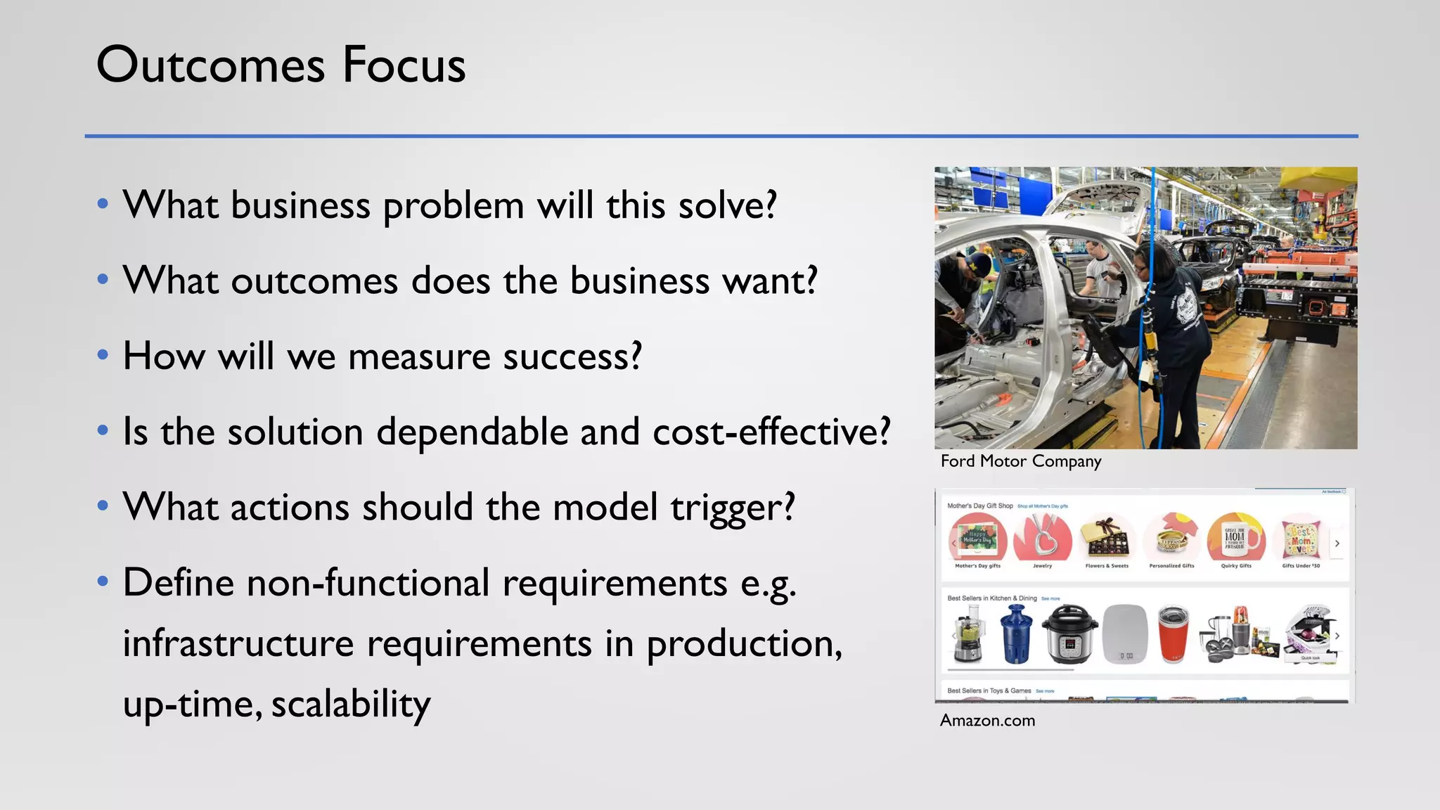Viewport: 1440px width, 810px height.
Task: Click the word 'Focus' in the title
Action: pos(404,65)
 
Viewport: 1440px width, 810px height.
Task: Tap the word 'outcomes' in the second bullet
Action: pos(314,281)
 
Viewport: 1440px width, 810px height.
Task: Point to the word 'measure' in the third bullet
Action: pos(419,356)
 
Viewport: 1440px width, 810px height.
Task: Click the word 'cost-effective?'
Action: pos(771,431)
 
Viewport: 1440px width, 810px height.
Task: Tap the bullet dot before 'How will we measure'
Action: pos(103,354)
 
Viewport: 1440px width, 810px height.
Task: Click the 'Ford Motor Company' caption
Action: pos(1020,461)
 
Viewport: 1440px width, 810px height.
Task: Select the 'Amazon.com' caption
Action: pos(987,721)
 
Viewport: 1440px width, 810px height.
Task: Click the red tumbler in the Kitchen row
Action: pos(1173,635)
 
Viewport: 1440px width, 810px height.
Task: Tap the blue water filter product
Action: pos(1017,634)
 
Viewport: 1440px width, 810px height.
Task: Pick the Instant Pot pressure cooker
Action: pos(1069,634)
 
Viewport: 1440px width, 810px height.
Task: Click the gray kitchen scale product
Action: pos(1125,635)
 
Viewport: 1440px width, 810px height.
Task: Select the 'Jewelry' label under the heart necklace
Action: pos(1042,565)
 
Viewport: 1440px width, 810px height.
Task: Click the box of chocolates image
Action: pos(1107,539)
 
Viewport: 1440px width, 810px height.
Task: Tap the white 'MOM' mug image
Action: pos(1235,539)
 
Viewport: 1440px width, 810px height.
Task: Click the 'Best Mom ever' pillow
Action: pos(1300,539)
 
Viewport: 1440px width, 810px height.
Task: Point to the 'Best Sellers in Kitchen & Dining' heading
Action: pos(991,598)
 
